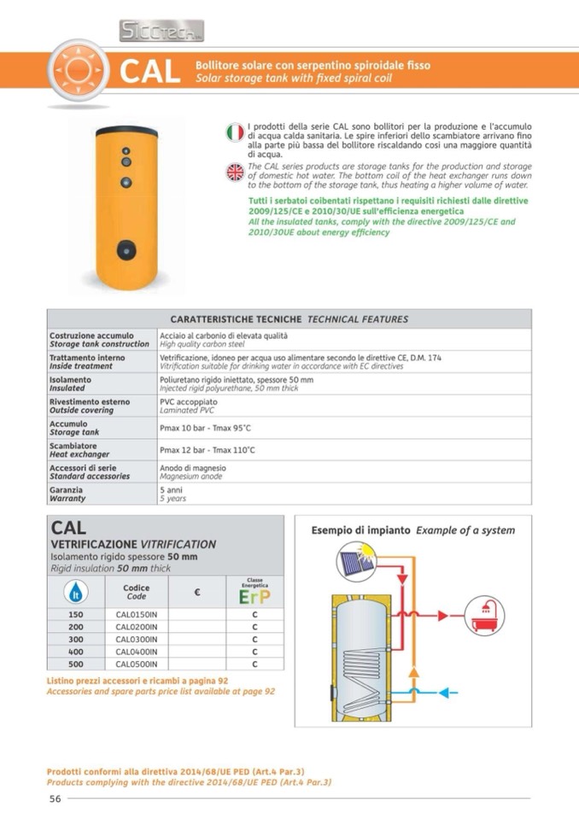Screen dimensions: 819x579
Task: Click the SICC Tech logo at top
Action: point(161,32)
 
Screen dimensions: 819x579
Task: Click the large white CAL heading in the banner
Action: point(150,72)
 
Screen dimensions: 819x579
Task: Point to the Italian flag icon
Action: point(235,132)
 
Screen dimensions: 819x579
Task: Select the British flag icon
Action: point(235,172)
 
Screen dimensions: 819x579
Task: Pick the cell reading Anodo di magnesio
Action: point(193,468)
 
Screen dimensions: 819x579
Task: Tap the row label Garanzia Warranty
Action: point(68,494)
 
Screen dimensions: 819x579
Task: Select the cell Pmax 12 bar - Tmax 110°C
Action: point(208,449)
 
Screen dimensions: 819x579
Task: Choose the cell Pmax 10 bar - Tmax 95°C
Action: point(205,426)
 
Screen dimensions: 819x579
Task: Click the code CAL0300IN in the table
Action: point(137,639)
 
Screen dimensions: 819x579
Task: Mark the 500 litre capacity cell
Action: point(76,664)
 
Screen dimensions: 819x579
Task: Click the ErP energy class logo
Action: point(254,594)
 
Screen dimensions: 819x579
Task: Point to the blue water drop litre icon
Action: point(76,591)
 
